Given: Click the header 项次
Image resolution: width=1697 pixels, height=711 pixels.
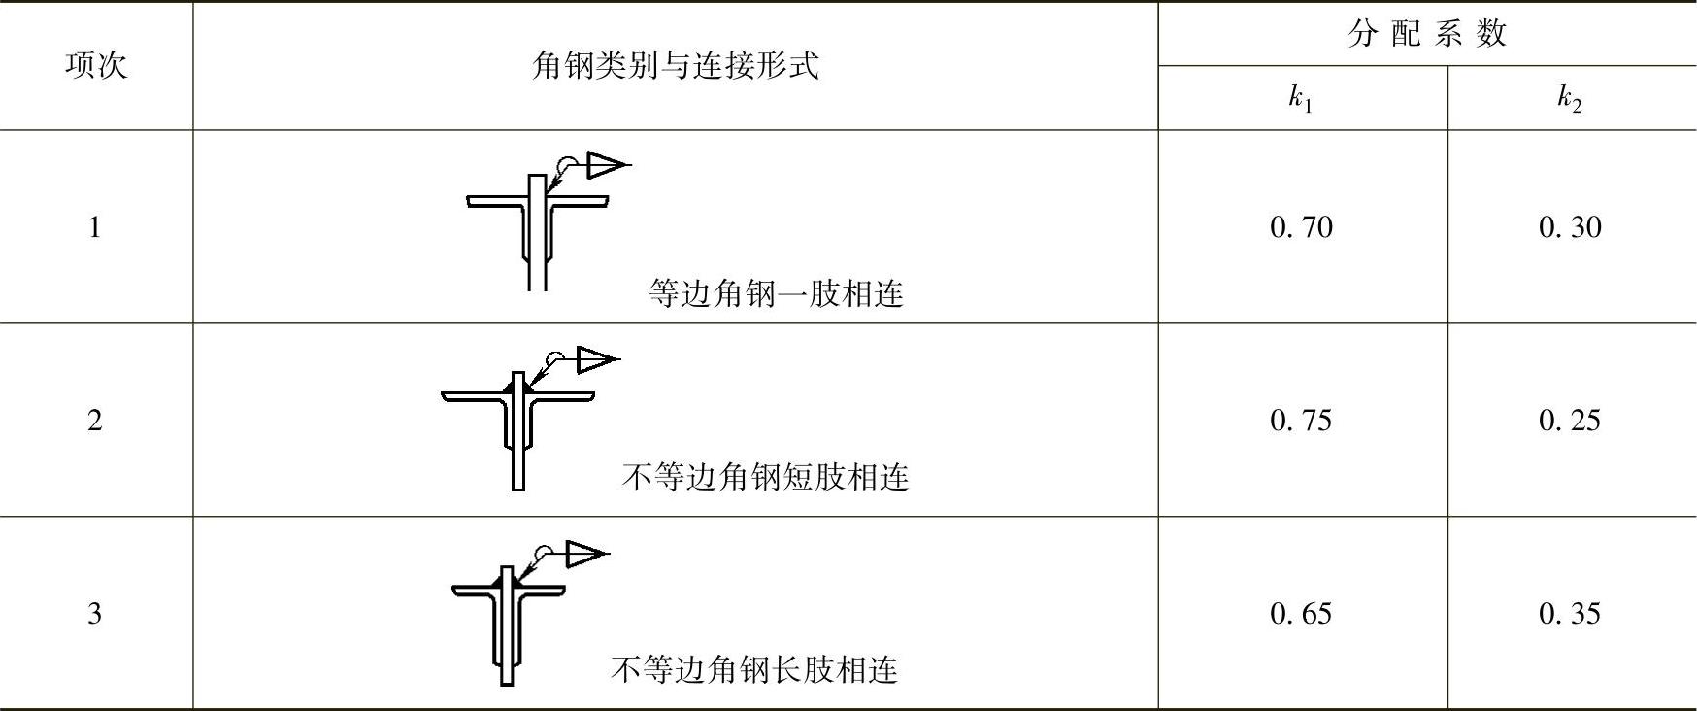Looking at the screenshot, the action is point(95,66).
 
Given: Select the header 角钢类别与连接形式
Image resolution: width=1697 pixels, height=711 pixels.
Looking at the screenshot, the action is point(676,66).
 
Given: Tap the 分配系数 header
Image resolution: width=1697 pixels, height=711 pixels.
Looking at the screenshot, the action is point(1426,34).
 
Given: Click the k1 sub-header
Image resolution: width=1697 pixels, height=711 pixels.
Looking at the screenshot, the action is point(1301,98).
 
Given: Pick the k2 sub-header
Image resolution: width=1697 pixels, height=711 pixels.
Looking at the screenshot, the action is point(1570,98).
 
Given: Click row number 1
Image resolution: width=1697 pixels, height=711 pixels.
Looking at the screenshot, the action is point(94,227).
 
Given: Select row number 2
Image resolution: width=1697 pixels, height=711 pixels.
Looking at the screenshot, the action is point(94,421).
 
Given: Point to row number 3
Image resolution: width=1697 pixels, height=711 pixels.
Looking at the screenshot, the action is point(94,614).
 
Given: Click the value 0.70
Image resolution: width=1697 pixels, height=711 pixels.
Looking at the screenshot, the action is point(1301,227).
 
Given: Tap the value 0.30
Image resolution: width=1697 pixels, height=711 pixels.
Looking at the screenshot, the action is point(1570,227).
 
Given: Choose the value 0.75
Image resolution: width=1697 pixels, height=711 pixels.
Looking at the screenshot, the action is point(1301,421).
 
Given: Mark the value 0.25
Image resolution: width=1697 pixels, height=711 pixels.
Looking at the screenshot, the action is point(1570,421).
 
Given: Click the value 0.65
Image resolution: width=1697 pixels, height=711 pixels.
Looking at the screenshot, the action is point(1301,614).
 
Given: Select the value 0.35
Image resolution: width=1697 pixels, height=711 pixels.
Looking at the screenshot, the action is point(1570,614).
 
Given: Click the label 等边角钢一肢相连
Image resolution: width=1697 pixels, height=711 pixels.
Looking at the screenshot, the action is point(776,293).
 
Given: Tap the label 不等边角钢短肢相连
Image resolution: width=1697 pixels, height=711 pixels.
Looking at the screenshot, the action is point(765,477).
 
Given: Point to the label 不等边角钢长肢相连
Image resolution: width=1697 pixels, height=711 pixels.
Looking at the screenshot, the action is point(754,669).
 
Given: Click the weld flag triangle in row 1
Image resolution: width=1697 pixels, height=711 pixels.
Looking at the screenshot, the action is point(603,165).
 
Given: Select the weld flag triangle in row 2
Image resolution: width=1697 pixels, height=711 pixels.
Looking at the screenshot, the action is point(593,360).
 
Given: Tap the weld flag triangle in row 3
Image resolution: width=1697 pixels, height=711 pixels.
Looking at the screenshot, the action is point(582,554).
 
